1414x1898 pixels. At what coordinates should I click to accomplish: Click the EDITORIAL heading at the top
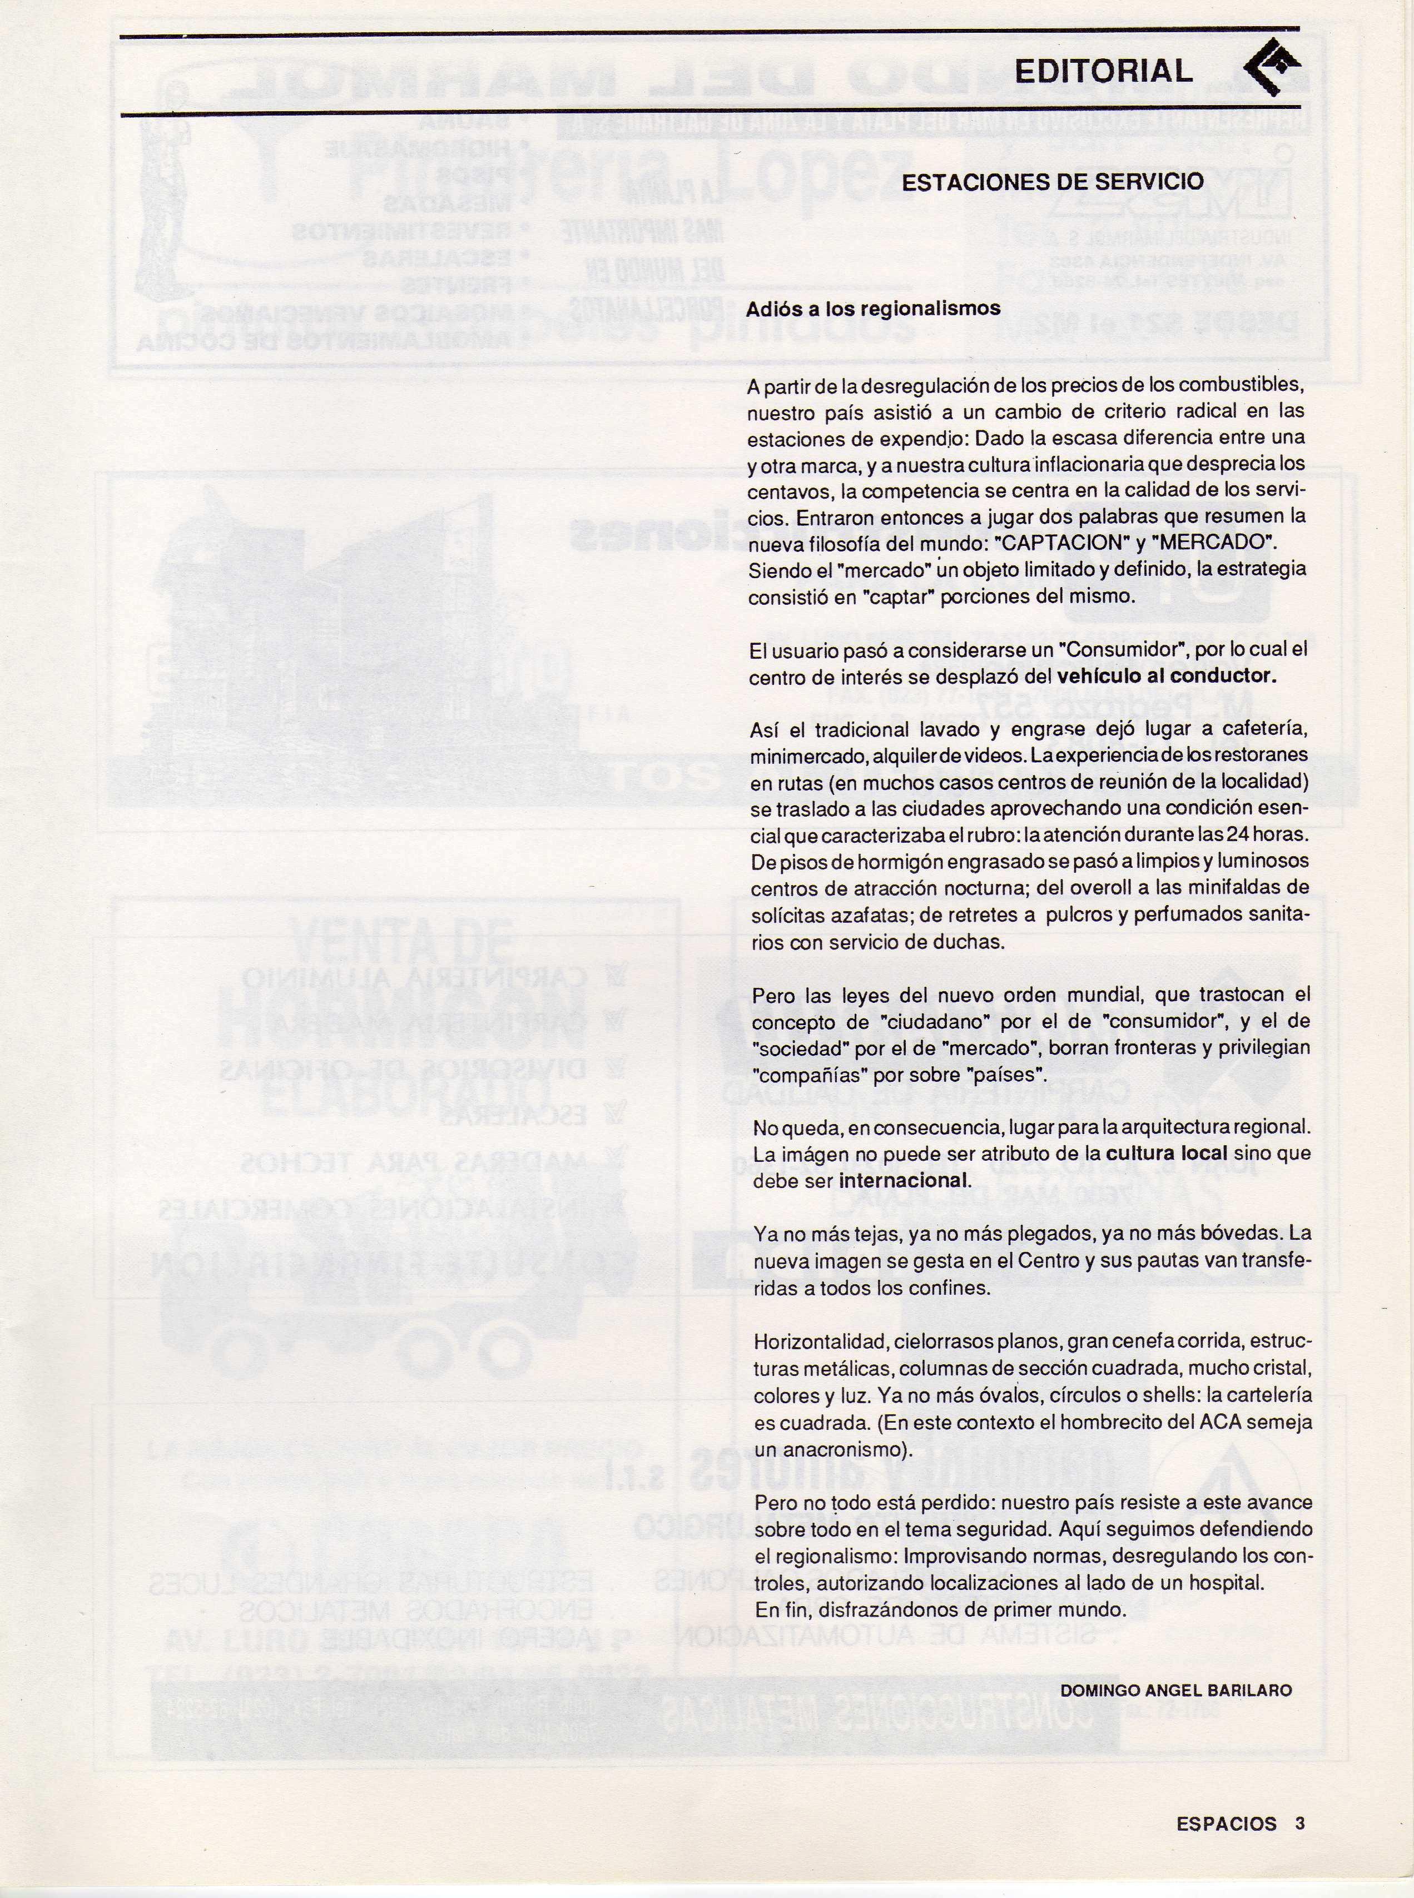click(x=1103, y=71)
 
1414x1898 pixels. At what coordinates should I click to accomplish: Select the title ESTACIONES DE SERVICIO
click(x=1053, y=182)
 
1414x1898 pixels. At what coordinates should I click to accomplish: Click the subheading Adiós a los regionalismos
click(x=873, y=309)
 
